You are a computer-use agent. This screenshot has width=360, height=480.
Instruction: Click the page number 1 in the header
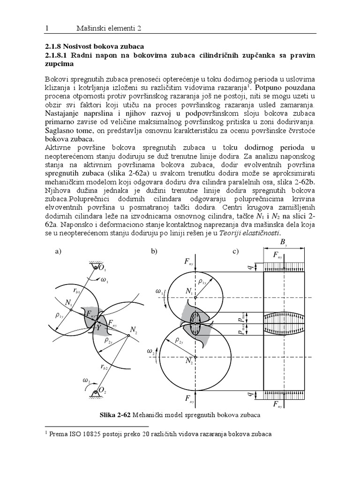pos(46,29)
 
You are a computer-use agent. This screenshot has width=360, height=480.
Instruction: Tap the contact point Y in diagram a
pos(99,328)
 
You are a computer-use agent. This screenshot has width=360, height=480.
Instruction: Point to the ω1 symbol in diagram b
pos(157,292)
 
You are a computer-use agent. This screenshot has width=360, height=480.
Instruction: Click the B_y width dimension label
pos(284,243)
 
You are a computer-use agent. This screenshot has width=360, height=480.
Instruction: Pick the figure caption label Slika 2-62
pos(115,415)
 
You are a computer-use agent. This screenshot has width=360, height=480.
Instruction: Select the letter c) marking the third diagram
pos(236,252)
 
